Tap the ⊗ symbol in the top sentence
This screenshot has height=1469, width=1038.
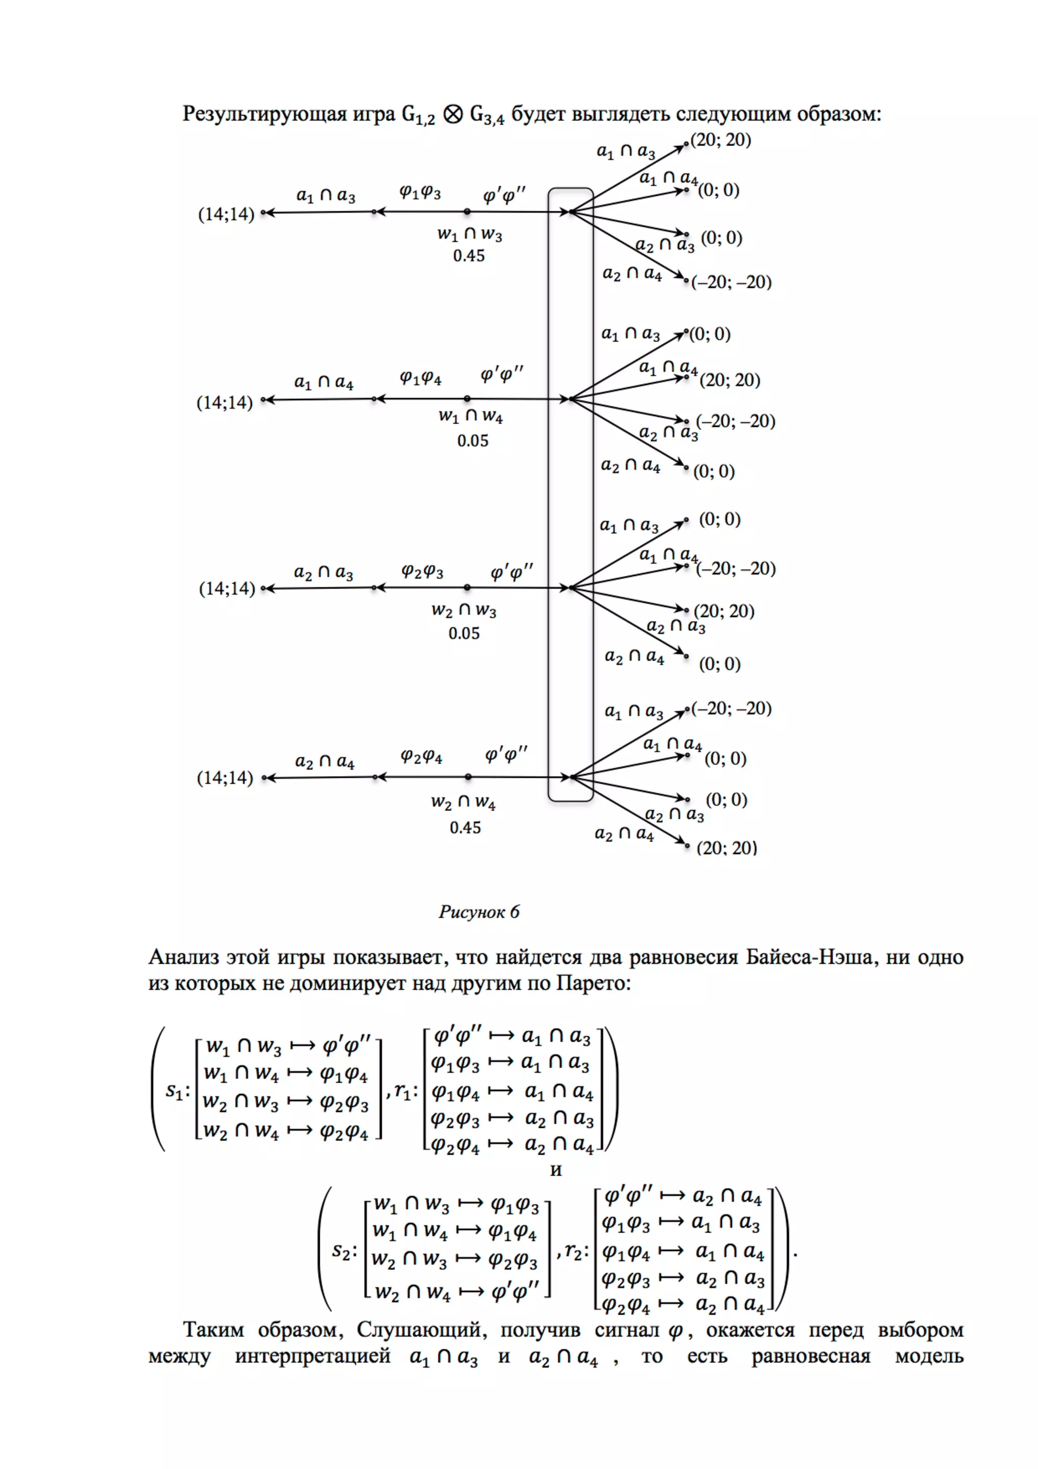tap(453, 115)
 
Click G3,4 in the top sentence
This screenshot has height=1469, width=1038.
tap(487, 116)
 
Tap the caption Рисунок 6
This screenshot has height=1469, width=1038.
tap(479, 912)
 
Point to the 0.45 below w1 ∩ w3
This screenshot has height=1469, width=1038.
tap(469, 256)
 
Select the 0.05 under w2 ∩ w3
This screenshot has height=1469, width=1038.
tap(464, 634)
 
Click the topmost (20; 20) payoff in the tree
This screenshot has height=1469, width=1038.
tap(721, 139)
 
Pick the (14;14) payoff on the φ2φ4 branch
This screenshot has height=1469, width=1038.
tap(225, 778)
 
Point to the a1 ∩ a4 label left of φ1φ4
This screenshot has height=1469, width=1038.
tap(324, 383)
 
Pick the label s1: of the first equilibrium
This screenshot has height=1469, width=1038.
tap(178, 1090)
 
